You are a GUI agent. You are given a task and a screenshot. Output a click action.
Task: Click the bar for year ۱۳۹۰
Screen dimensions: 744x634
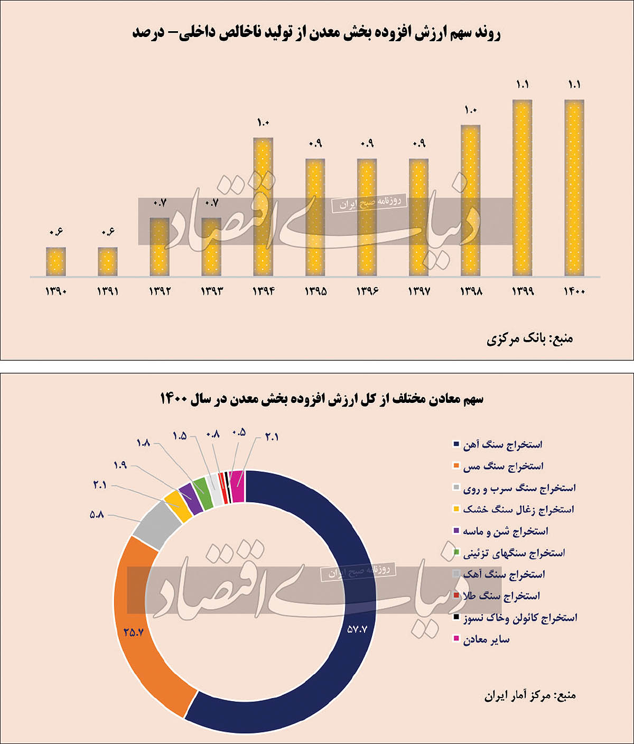click(x=55, y=262)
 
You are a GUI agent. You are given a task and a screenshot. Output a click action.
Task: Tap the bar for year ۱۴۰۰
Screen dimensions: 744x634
click(x=574, y=188)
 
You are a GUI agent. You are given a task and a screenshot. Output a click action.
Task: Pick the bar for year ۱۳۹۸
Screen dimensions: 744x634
click(x=471, y=201)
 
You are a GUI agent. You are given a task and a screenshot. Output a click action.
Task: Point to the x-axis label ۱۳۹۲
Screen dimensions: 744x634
click(x=160, y=291)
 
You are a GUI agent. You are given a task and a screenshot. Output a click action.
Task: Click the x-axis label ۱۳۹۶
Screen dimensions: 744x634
click(x=367, y=291)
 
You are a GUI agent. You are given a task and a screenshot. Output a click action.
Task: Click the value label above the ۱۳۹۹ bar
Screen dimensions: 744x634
click(x=523, y=85)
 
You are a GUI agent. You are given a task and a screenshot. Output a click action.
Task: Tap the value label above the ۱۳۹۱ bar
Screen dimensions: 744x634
click(x=108, y=232)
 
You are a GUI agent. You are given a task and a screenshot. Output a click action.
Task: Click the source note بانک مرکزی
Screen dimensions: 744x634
click(x=529, y=338)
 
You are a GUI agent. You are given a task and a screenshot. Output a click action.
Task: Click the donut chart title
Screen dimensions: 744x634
click(x=322, y=399)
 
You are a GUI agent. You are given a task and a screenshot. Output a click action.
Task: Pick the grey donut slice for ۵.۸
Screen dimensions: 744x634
click(x=157, y=523)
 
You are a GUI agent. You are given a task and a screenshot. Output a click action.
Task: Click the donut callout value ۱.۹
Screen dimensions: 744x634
click(x=120, y=465)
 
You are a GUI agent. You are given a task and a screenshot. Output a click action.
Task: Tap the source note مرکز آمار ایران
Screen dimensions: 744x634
click(x=530, y=695)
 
